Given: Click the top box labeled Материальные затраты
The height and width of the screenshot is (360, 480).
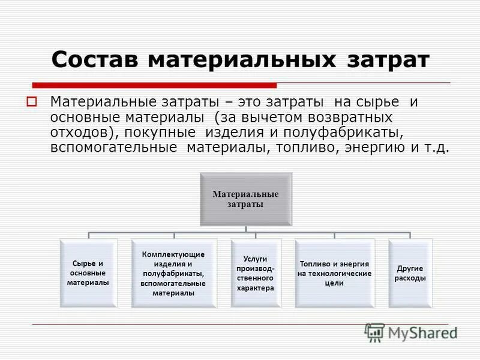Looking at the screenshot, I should (x=246, y=199).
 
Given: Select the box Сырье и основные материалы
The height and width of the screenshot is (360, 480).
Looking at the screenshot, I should (x=88, y=273).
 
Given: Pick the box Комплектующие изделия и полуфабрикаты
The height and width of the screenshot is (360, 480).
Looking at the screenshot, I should (x=173, y=274).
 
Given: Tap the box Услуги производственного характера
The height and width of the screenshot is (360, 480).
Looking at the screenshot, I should (x=255, y=274).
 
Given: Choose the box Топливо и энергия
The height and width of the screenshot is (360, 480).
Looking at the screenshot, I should (x=334, y=274).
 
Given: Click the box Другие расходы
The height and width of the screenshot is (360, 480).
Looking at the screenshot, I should (x=411, y=274).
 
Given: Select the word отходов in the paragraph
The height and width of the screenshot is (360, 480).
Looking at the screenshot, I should (x=76, y=133).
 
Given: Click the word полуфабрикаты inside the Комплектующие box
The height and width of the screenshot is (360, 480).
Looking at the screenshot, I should (x=173, y=274).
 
